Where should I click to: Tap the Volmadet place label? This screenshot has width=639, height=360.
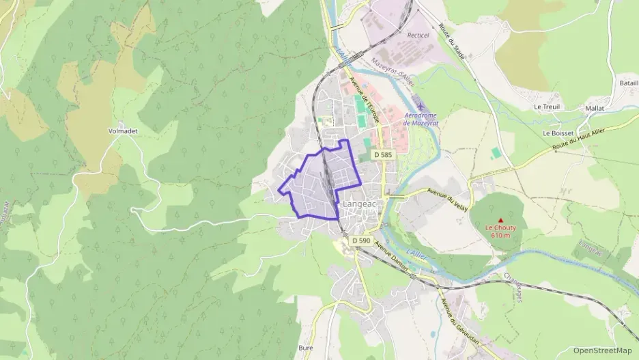122,130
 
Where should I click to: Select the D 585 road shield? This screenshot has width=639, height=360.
383,155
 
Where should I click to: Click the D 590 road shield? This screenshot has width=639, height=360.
362,240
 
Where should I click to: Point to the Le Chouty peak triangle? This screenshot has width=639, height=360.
501,220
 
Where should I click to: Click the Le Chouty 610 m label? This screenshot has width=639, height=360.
501,232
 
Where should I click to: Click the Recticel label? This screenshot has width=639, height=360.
417,34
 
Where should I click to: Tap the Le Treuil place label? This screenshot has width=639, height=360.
548,107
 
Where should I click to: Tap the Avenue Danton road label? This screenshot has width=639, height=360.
391,258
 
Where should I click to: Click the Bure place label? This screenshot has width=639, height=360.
306,348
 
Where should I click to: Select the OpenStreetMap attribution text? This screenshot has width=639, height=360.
602,350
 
